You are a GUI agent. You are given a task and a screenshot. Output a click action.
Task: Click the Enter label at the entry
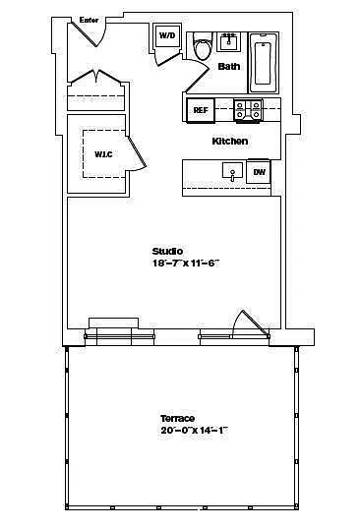point(89,20)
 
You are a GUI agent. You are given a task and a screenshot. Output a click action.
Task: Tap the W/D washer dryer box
point(167,35)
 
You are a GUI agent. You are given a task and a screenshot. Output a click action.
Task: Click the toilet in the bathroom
point(203,46)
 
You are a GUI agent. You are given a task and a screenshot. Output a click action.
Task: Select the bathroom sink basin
point(229,42)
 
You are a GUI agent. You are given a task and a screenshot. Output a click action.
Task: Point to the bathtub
point(264,63)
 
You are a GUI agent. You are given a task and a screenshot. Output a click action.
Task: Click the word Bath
point(229,66)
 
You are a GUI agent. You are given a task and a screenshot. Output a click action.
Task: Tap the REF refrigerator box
point(201,110)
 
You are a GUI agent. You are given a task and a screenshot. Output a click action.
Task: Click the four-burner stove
point(248,110)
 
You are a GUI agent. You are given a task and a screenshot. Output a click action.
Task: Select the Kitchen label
point(230,141)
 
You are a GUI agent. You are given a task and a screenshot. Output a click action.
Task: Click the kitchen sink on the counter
point(232,171)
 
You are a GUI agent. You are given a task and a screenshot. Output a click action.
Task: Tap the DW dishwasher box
point(259,172)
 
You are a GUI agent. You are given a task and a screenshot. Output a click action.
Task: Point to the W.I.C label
point(103,154)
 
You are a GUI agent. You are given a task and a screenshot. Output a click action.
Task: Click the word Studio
point(167,252)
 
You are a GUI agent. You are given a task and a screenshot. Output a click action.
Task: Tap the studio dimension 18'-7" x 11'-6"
point(186,264)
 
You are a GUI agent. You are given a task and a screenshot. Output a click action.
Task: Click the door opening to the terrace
point(251,324)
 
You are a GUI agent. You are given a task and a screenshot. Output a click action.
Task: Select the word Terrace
point(177,418)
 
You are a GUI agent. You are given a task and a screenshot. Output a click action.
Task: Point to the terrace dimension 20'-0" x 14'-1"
point(195,431)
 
